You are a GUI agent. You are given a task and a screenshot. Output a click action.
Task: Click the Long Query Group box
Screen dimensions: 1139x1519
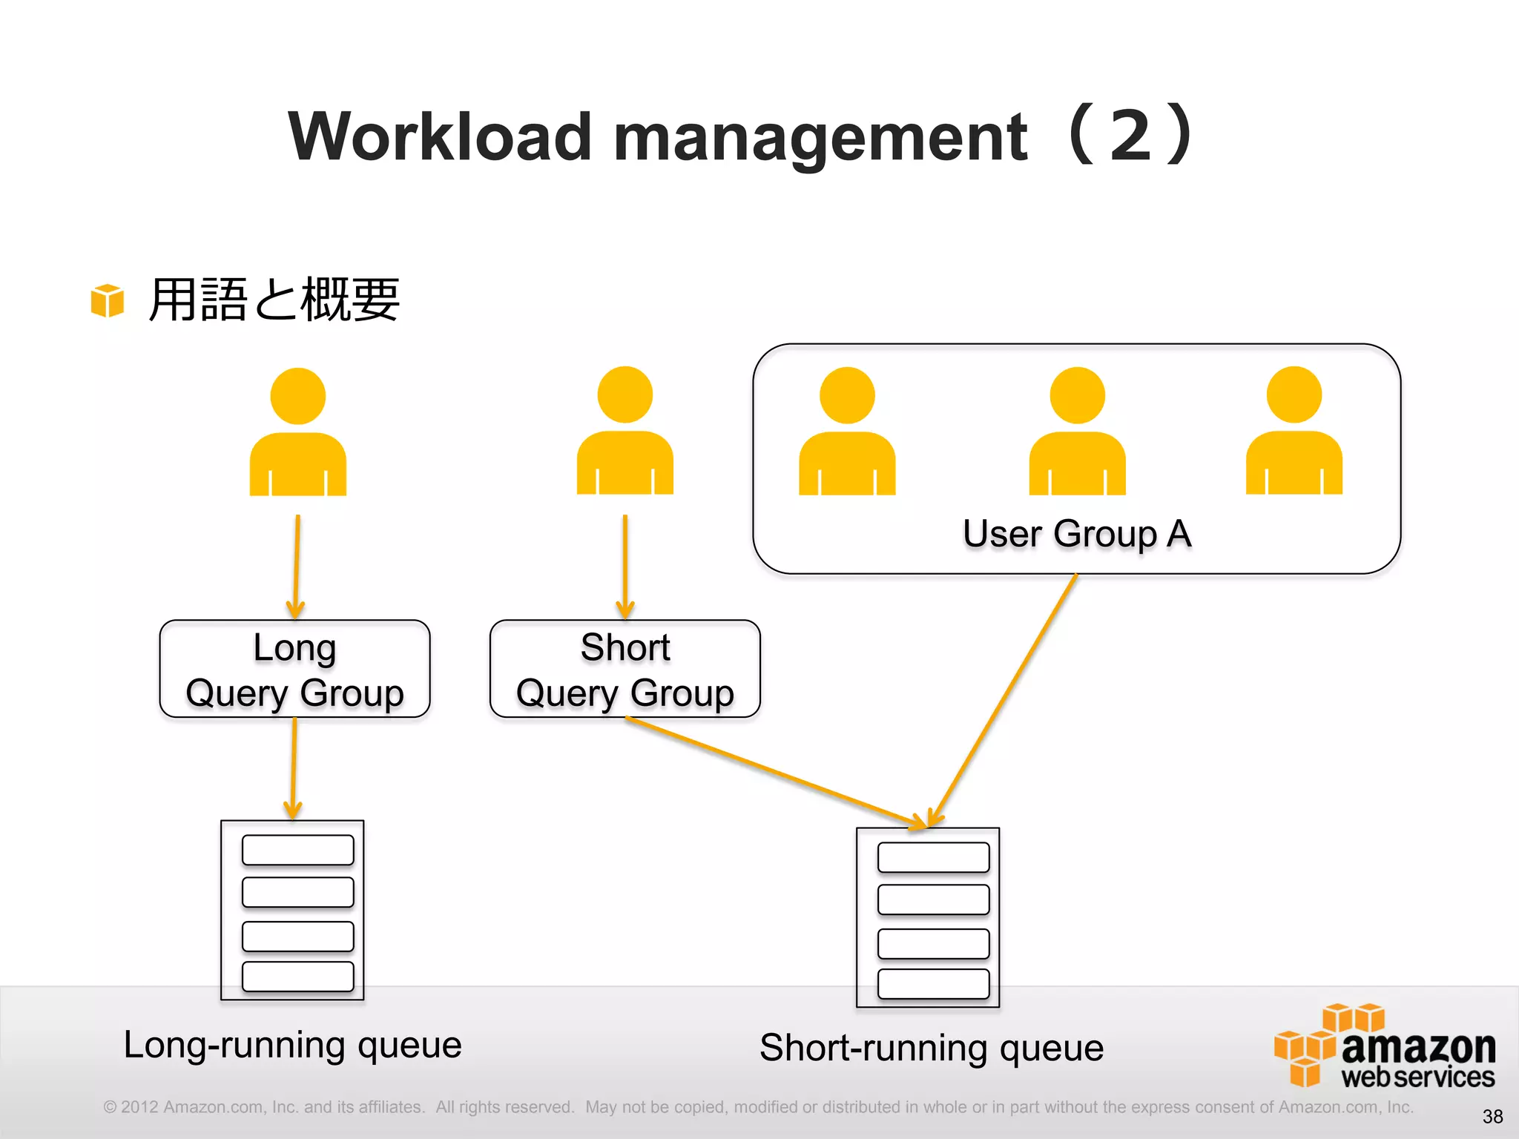point(294,669)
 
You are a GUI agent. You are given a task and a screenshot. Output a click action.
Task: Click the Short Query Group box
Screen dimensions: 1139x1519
point(625,669)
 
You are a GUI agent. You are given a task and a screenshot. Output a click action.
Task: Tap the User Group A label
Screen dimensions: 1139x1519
point(1076,534)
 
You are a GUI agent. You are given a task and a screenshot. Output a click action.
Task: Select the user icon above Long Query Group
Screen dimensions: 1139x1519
point(297,434)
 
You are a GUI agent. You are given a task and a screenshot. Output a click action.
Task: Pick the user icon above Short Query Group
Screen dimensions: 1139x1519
point(625,432)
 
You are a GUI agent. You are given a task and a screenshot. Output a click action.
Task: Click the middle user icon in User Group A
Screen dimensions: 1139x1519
point(1077,432)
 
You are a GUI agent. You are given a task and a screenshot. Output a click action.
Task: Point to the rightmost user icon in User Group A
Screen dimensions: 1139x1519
point(1294,432)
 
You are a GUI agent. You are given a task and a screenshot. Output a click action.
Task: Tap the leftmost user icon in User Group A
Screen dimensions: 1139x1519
point(847,432)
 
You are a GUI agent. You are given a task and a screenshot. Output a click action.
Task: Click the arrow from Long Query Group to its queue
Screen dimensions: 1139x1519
point(294,767)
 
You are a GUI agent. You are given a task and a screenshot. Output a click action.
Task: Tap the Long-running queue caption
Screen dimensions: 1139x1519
point(292,1045)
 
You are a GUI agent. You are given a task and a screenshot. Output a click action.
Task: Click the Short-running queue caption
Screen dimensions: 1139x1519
point(932,1048)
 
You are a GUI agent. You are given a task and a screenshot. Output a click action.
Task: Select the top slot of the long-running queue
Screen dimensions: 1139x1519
point(297,850)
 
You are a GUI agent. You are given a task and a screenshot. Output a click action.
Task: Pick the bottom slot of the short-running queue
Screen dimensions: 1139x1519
point(933,984)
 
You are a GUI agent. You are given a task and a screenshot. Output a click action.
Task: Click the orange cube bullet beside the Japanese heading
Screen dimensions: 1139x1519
point(107,300)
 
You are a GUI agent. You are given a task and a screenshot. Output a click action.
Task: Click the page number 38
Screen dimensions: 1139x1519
point(1492,1116)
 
